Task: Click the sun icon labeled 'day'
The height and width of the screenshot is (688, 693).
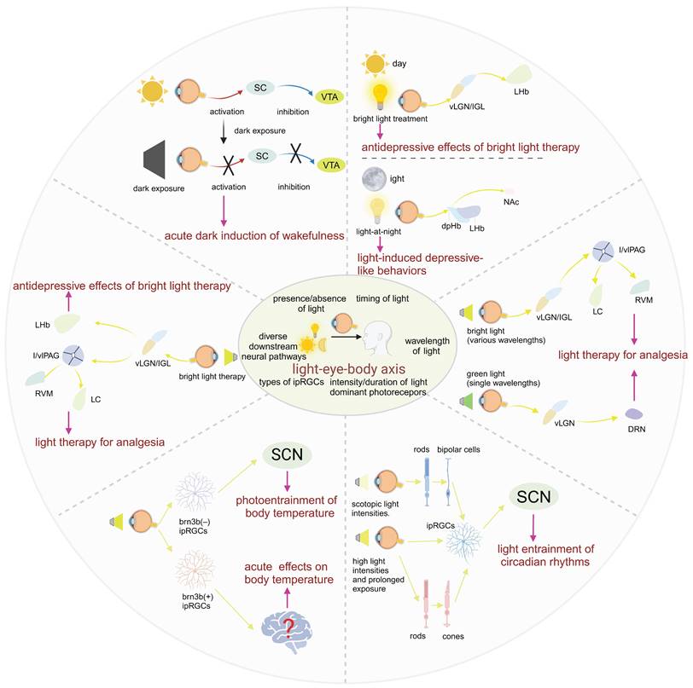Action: pyautogui.click(x=376, y=63)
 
